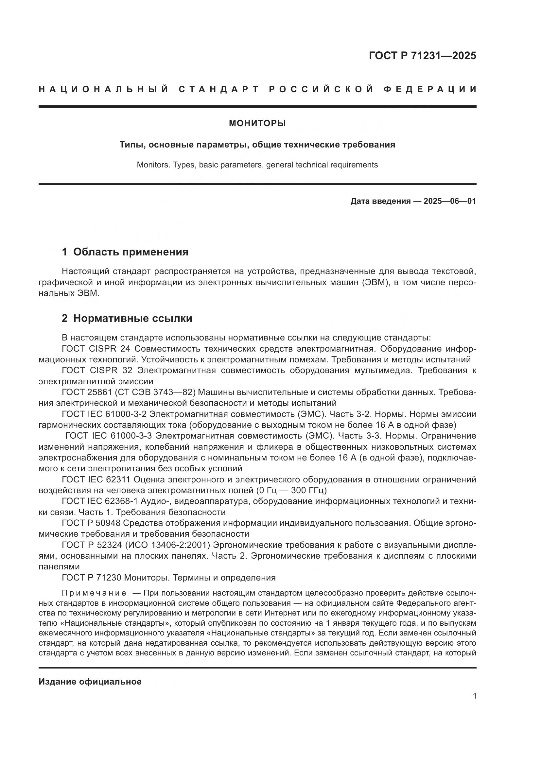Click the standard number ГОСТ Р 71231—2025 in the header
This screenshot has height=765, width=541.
[x=422, y=56]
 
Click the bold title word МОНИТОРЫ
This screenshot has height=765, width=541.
[x=257, y=124]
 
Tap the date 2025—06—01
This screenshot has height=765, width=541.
[x=450, y=201]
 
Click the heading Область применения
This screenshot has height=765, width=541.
[x=131, y=252]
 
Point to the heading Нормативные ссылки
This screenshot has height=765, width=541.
[x=132, y=319]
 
